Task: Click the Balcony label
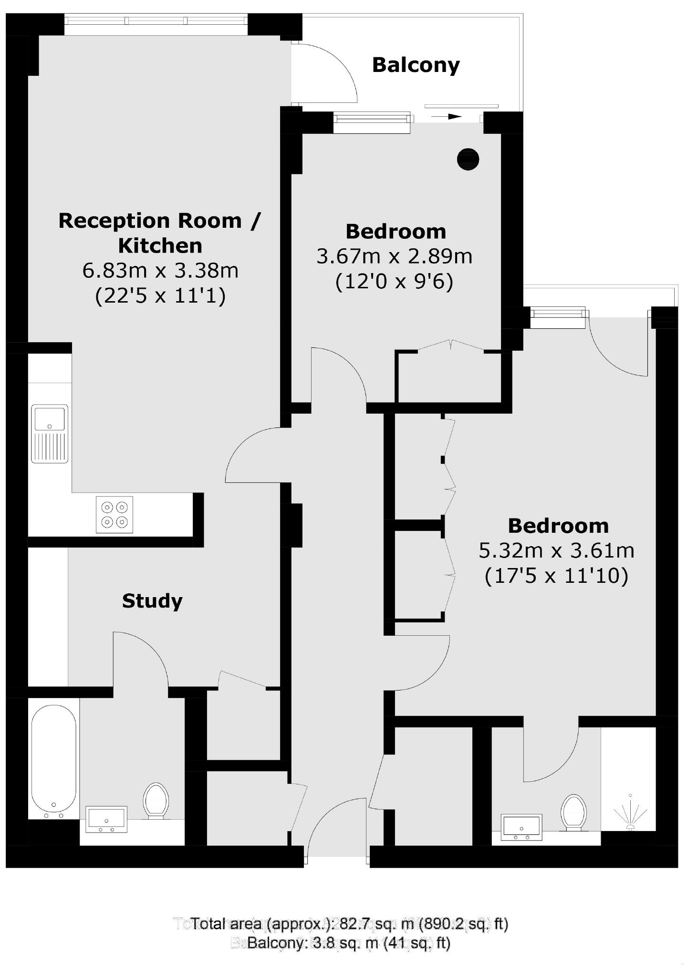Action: click(416, 65)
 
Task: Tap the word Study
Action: click(152, 601)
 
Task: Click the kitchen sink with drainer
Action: click(50, 433)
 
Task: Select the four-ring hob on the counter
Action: click(115, 515)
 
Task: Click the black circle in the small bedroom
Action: click(468, 159)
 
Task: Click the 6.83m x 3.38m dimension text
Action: click(160, 271)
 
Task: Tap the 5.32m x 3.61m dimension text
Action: click(557, 551)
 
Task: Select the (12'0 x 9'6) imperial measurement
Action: click(394, 281)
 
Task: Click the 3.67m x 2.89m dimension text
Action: click(395, 256)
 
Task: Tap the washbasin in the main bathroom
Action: click(106, 819)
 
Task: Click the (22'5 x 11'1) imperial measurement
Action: click(160, 296)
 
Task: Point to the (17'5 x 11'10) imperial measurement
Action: click(556, 576)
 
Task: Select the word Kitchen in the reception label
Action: click(160, 246)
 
